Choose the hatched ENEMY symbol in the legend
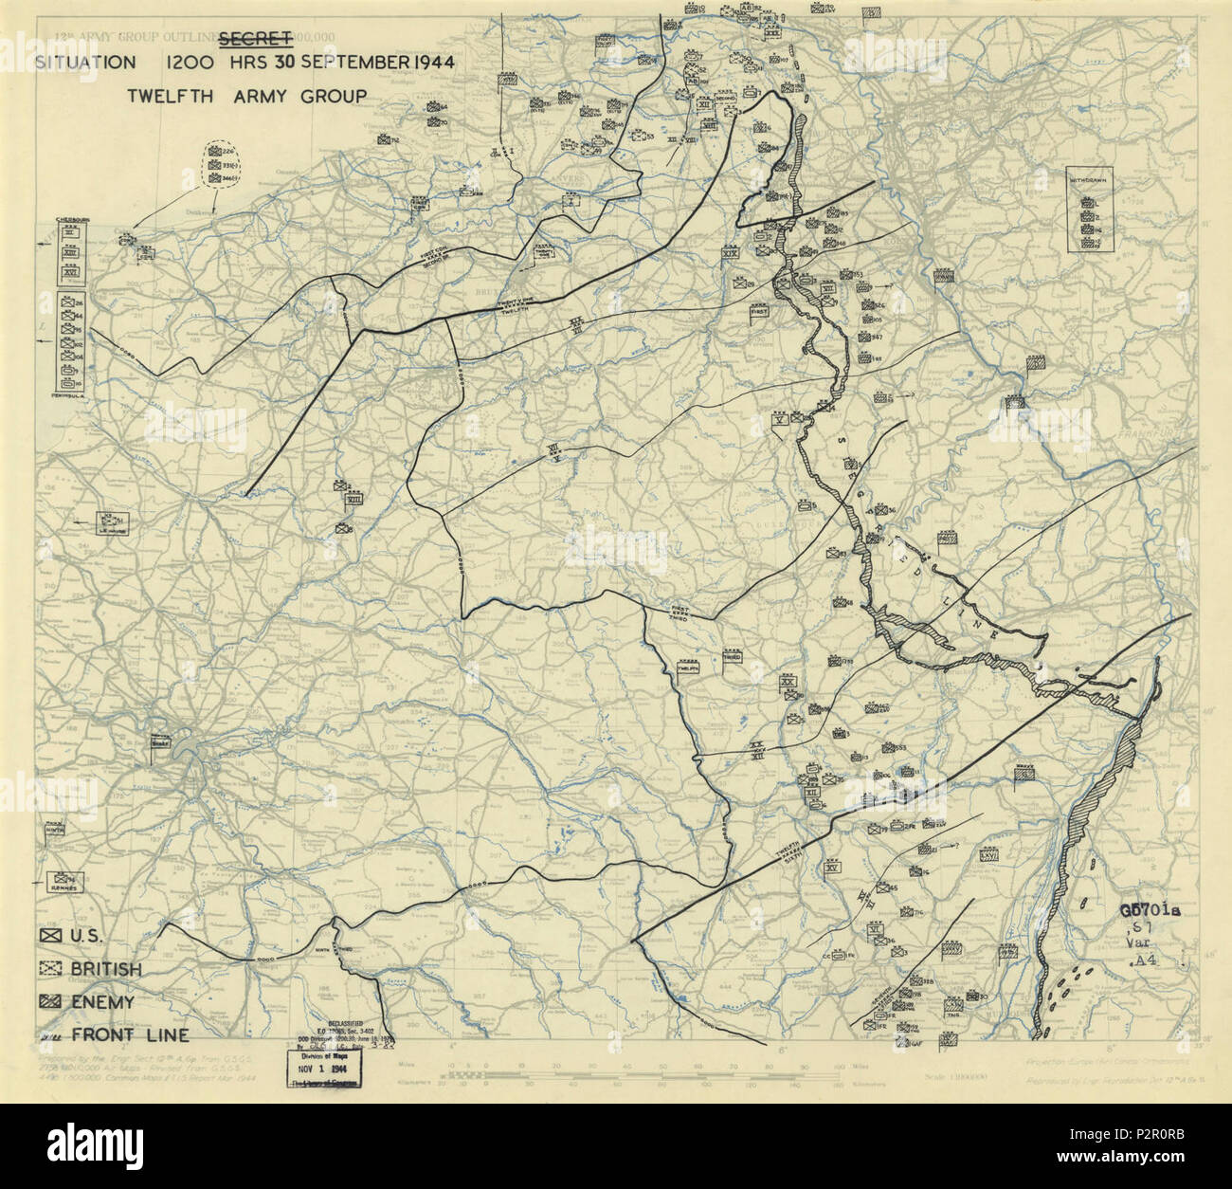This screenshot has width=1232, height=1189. tap(48, 1002)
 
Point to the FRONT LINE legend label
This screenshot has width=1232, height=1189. tap(128, 1034)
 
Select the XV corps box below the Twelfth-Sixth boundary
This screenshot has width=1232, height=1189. tap(833, 867)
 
